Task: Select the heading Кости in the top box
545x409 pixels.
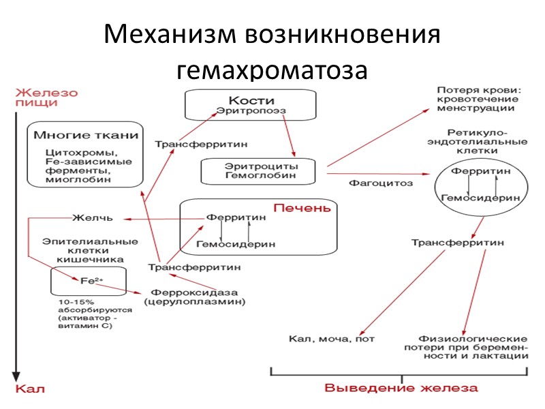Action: pos(251,100)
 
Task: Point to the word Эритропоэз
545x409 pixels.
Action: pos(251,110)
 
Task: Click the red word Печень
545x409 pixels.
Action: pos(302,208)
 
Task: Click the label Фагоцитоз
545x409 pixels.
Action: pos(371,183)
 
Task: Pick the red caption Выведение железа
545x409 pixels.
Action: pos(401,389)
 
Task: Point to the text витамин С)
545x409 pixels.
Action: pos(85,326)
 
